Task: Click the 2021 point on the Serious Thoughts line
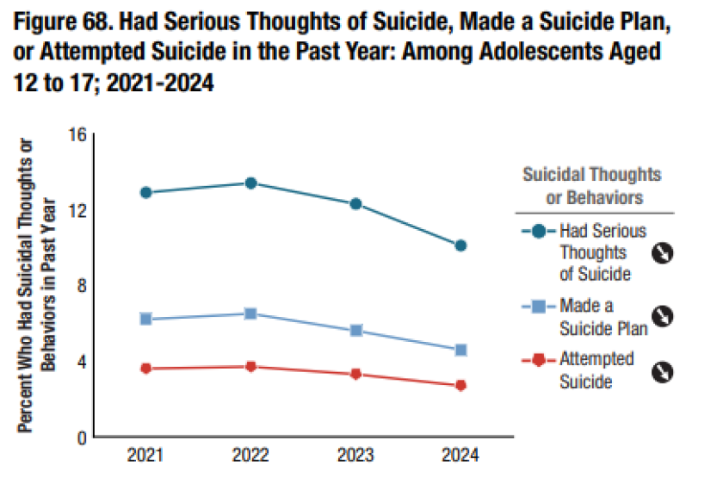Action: coord(146,192)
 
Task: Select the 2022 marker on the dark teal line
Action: coord(250,183)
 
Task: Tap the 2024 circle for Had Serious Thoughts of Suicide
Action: coord(460,245)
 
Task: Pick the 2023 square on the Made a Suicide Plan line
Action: coord(355,331)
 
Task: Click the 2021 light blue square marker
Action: coord(146,319)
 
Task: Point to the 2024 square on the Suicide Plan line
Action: coord(460,350)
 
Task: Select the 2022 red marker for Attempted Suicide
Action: coord(250,367)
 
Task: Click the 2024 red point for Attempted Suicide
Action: coord(460,385)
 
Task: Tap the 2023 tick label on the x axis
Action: coord(355,456)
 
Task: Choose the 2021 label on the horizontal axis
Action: coord(146,456)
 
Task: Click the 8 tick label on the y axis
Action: coord(82,286)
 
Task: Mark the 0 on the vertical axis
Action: coord(82,438)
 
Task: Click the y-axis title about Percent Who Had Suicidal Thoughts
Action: coord(39,284)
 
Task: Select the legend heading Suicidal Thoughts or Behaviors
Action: coord(592,185)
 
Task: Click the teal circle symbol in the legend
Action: coord(539,231)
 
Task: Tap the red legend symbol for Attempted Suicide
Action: coord(539,359)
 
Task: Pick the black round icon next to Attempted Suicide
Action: coord(661,372)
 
